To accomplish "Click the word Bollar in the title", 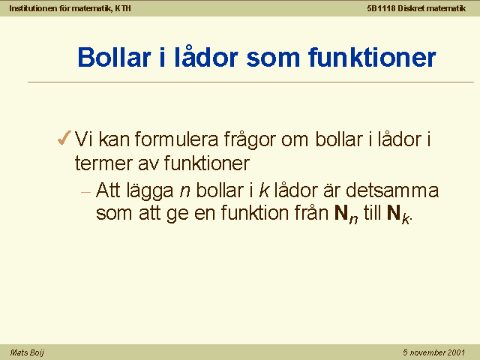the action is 115,57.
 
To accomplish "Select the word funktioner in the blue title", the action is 372,57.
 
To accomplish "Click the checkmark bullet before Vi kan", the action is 64,138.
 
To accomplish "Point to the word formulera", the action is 176,139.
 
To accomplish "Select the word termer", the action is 103,163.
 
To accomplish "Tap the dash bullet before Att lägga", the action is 86,192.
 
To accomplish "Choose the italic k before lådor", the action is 264,190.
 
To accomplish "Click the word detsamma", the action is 392,190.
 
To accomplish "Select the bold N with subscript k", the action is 398,214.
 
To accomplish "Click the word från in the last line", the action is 311,211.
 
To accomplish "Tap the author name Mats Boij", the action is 27,352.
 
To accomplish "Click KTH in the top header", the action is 123,8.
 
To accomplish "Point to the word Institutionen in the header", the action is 33,8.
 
